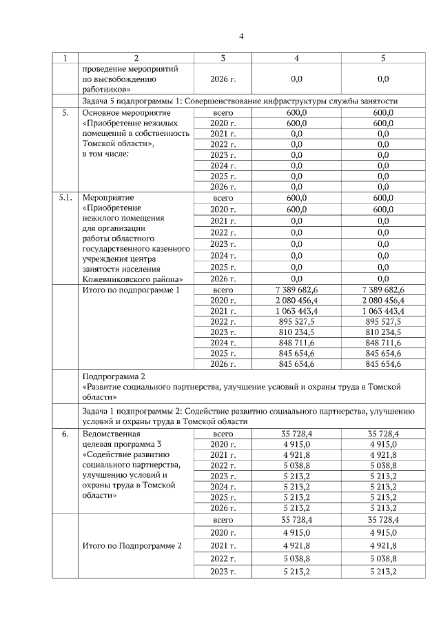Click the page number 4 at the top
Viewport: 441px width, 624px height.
click(241, 37)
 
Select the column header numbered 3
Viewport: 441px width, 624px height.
click(223, 58)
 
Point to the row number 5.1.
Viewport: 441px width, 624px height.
click(65, 198)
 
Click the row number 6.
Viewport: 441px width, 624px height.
click(65, 434)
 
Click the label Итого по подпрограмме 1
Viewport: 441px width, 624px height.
click(130, 291)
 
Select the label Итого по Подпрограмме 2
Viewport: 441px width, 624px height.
click(132, 545)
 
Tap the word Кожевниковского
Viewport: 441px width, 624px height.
click(114, 279)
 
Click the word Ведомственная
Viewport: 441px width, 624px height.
click(111, 434)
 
